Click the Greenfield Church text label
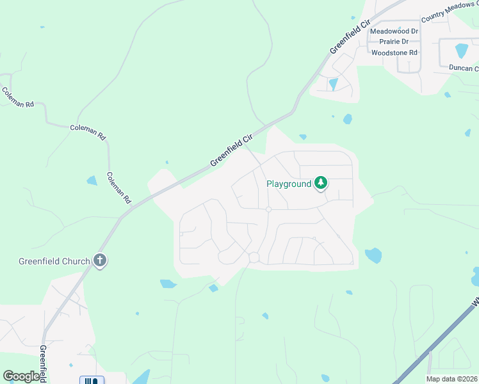54,261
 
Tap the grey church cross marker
99,260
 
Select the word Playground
289,184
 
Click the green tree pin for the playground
321,183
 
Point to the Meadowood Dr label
394,31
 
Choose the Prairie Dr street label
398,42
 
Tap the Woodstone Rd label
394,52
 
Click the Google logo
22,376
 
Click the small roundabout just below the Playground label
269,209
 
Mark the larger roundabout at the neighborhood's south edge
254,257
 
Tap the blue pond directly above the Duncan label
461,51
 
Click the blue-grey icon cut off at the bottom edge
91,380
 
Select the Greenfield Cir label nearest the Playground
231,151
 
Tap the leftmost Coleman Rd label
17,97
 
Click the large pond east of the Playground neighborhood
373,256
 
